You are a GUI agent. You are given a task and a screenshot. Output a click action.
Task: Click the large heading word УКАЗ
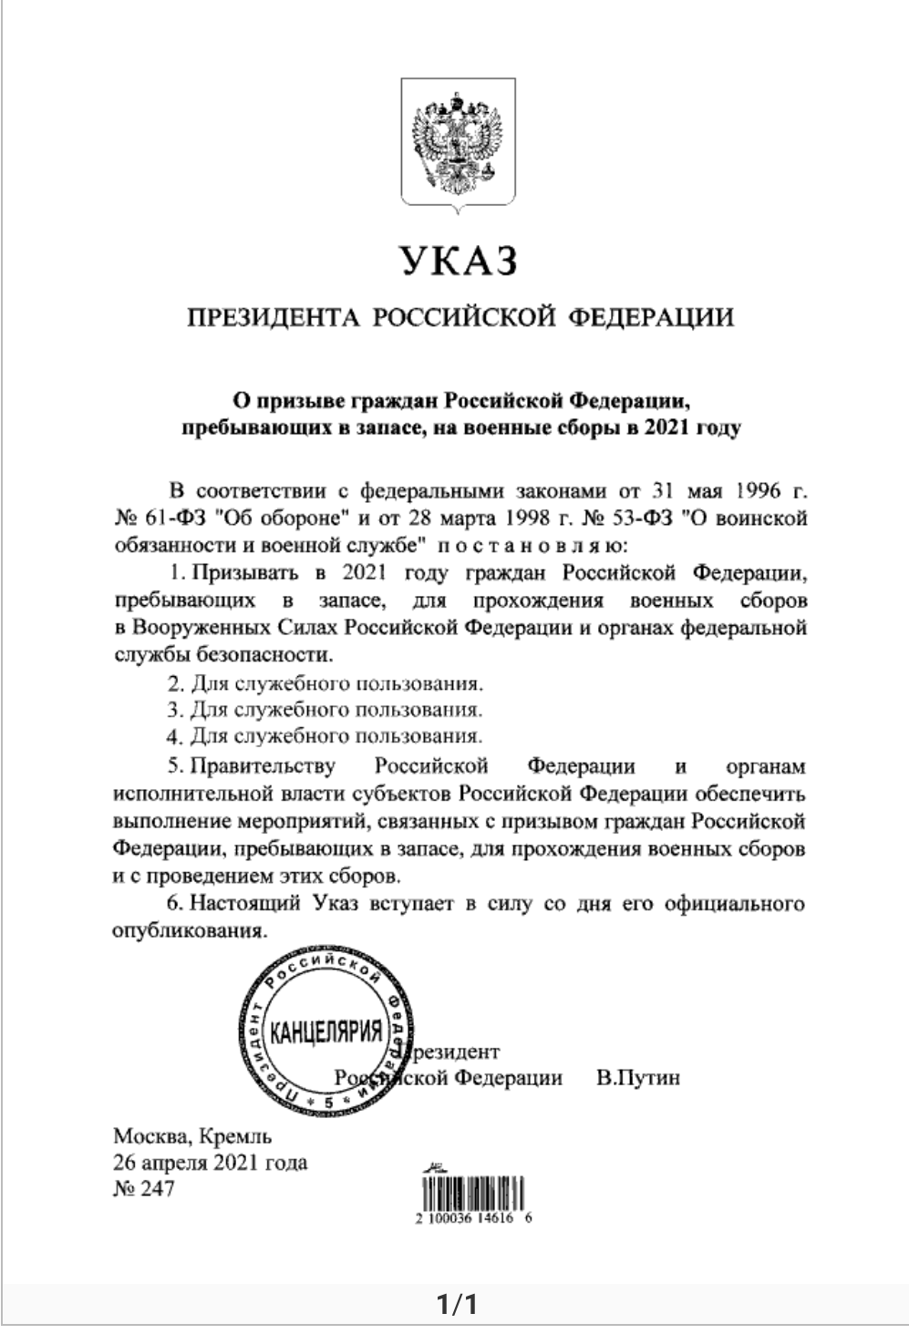coord(459,260)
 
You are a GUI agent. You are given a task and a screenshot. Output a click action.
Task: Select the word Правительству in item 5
coord(263,764)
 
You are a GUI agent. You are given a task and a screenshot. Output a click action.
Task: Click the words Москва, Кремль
coord(192,1136)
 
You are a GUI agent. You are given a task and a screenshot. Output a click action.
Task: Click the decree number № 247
coord(143,1189)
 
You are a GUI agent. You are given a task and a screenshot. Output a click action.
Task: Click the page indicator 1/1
coord(455,1306)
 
